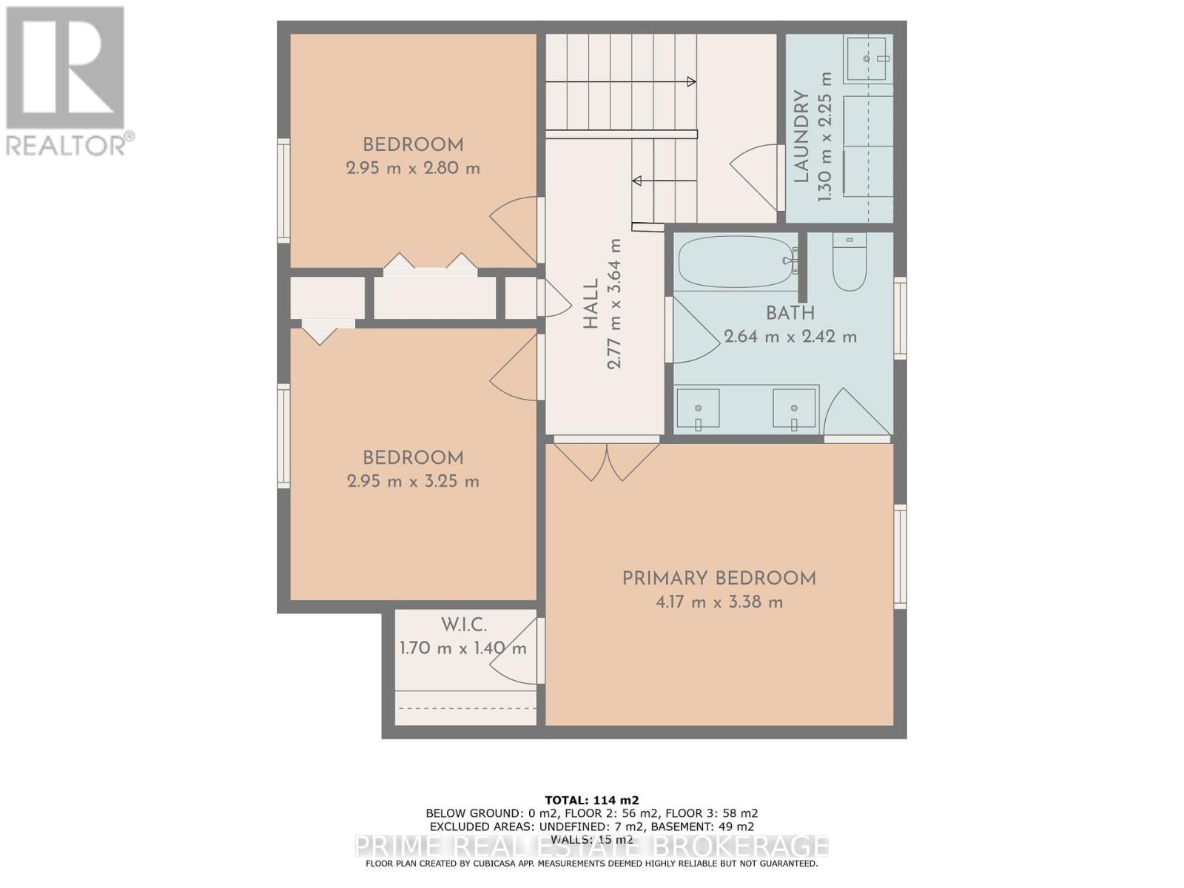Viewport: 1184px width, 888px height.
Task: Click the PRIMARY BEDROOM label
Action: (x=719, y=579)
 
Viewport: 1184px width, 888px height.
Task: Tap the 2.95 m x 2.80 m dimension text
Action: (x=413, y=168)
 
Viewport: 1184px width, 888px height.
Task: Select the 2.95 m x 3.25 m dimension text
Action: (x=413, y=482)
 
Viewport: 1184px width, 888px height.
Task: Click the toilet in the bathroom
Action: (x=849, y=263)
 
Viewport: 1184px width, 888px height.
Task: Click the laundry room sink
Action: (x=869, y=58)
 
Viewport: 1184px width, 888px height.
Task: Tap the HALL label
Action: (x=591, y=303)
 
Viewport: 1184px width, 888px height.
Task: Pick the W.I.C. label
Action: (x=464, y=625)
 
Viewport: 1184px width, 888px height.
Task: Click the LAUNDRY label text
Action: (x=800, y=137)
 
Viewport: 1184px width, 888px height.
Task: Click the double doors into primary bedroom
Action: (x=607, y=460)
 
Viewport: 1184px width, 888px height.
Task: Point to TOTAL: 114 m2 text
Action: (x=591, y=800)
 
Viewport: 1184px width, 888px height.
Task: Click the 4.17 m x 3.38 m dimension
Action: (x=719, y=602)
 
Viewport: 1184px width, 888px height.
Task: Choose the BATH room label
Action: (x=790, y=314)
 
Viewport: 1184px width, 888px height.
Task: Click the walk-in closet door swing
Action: (x=518, y=651)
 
